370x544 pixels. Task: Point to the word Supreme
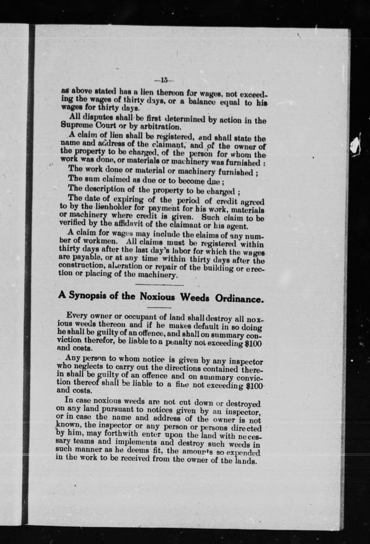[74, 124]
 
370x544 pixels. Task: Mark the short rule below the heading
[159, 308]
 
